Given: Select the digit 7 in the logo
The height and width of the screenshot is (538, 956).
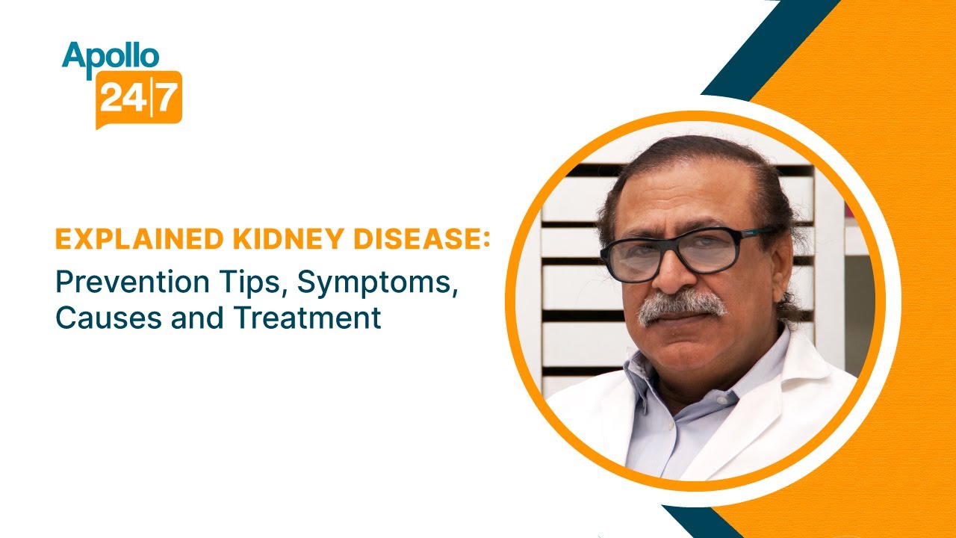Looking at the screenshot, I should coord(167,98).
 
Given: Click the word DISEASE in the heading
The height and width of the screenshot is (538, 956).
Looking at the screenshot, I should coord(403,241).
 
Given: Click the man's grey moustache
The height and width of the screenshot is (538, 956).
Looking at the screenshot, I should coord(681,305).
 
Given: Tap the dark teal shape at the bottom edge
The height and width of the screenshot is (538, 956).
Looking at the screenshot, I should coord(691,523).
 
